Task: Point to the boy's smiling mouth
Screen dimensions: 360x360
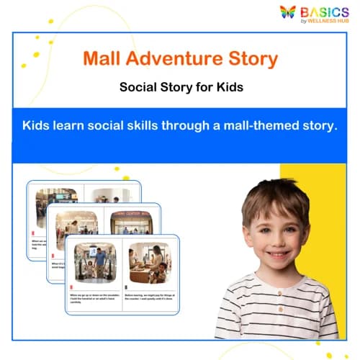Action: pyautogui.click(x=277, y=255)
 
